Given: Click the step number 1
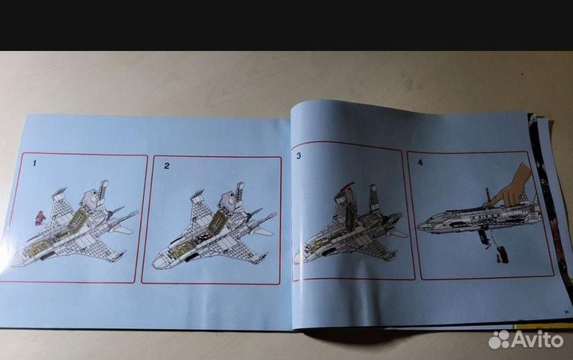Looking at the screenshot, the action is (x=35, y=163).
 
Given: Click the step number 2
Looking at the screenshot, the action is (x=166, y=166).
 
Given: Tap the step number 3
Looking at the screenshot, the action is (x=298, y=156).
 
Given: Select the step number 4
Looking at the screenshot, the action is (x=420, y=162).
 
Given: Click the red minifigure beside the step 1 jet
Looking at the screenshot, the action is (x=40, y=218).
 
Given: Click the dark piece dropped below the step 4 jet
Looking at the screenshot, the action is (x=502, y=255).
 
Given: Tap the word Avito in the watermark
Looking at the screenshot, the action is (x=537, y=340).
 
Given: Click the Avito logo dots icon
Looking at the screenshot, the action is (x=499, y=339).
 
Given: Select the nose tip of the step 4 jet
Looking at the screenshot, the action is (x=419, y=226).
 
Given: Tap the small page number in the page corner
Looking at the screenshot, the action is (x=566, y=311).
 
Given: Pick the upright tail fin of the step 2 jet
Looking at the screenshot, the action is (x=239, y=193).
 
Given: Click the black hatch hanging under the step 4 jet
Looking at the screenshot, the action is (x=484, y=237).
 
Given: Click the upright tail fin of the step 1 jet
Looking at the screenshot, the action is (x=103, y=191).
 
